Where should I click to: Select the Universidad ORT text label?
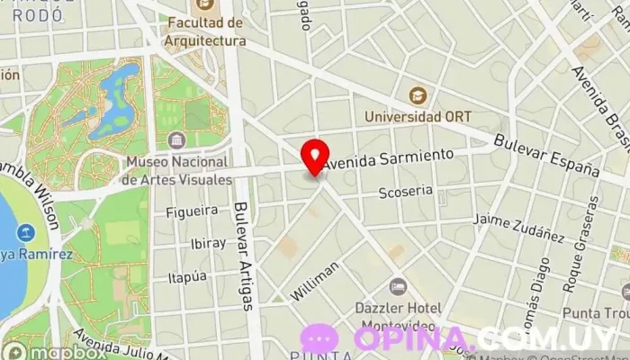pos(418,117)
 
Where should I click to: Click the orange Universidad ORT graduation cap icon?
pos(417,94)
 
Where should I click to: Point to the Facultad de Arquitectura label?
pos(206,31)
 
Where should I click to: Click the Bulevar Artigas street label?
pos(242,256)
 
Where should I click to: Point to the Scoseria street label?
pos(405,191)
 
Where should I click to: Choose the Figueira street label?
pos(193,211)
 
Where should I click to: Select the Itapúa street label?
pos(187,277)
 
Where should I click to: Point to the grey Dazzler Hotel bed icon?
pos(397,287)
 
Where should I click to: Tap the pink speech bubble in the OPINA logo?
pos(319,339)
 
